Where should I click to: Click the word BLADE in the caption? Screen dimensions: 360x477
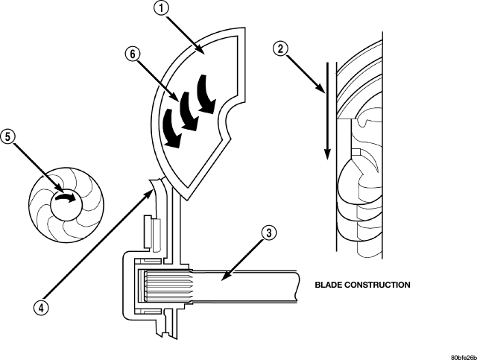point(330,285)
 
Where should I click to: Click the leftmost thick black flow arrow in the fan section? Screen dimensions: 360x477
point(172,126)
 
